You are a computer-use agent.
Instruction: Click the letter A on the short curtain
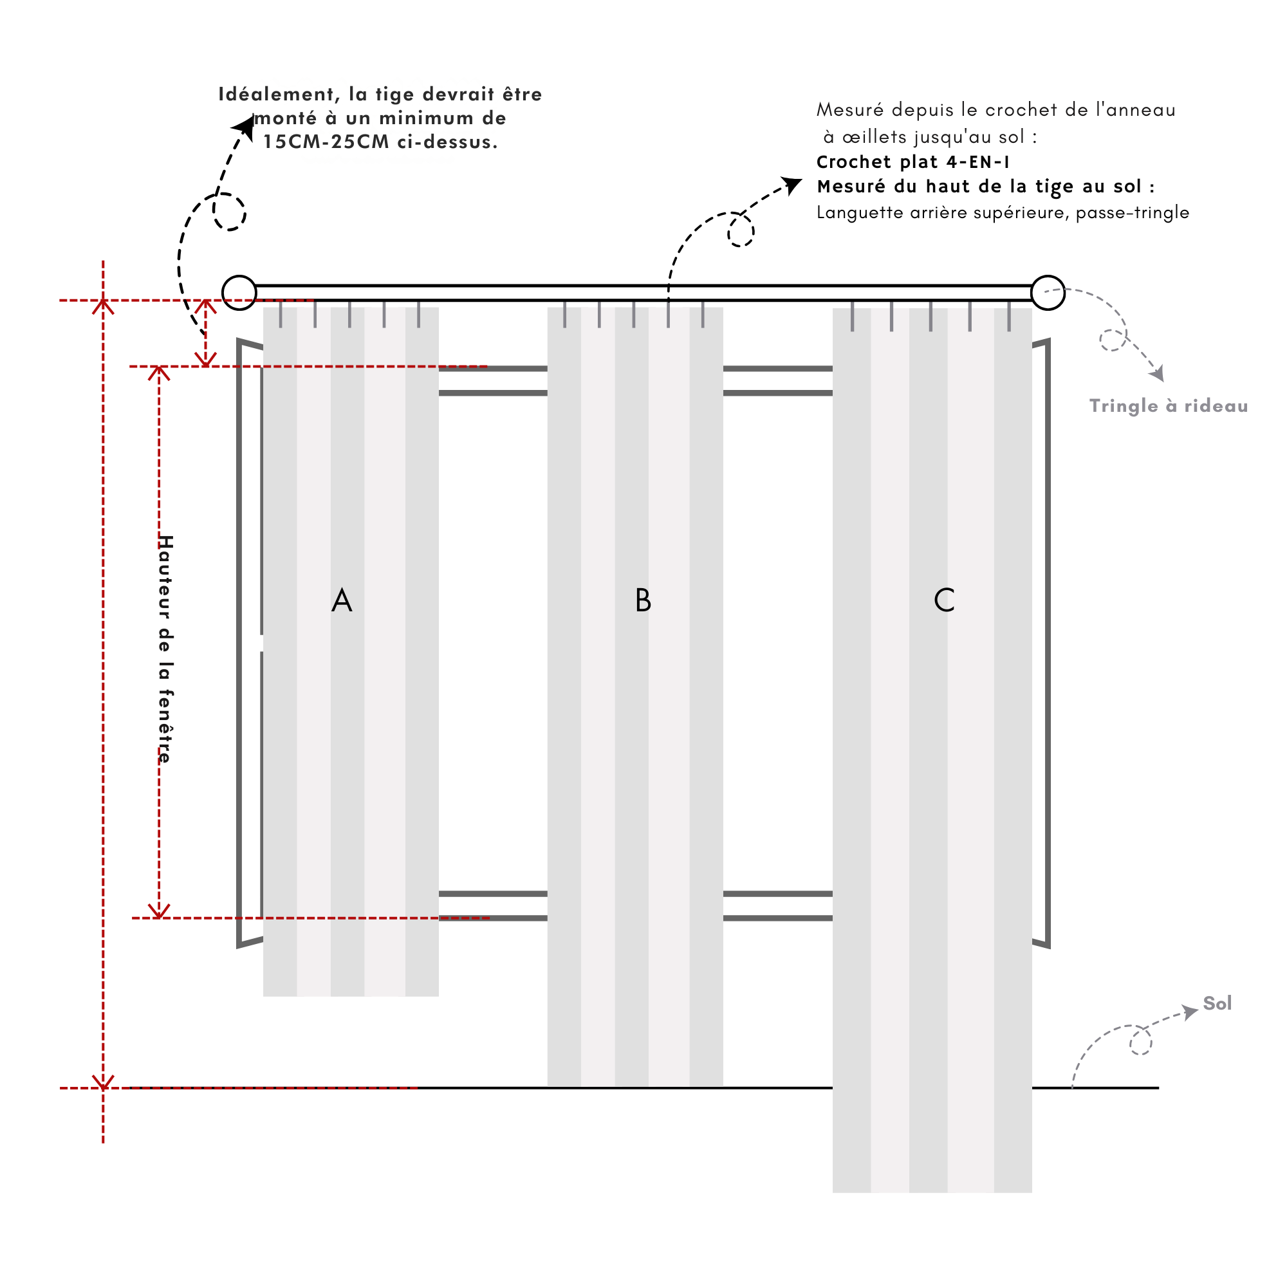pos(342,601)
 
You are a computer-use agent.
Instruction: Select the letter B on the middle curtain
pos(643,601)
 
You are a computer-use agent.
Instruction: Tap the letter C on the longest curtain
pos(944,601)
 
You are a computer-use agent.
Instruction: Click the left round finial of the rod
pos(239,292)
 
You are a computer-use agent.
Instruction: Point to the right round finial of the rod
pos(1047,292)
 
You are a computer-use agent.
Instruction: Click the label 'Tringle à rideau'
pos(1169,406)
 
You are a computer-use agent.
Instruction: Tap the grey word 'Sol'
pos(1217,1003)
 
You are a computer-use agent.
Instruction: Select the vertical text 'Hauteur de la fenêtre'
pos(166,649)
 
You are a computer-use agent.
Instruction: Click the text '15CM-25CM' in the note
pos(326,142)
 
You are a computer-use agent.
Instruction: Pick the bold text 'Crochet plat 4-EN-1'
pos(913,162)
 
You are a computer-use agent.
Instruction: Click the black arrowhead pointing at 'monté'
pos(245,127)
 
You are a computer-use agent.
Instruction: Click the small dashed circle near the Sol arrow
pos(1140,1042)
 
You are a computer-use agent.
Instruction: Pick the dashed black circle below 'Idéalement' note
pos(230,212)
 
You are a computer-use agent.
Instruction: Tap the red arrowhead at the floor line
pos(103,1082)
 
